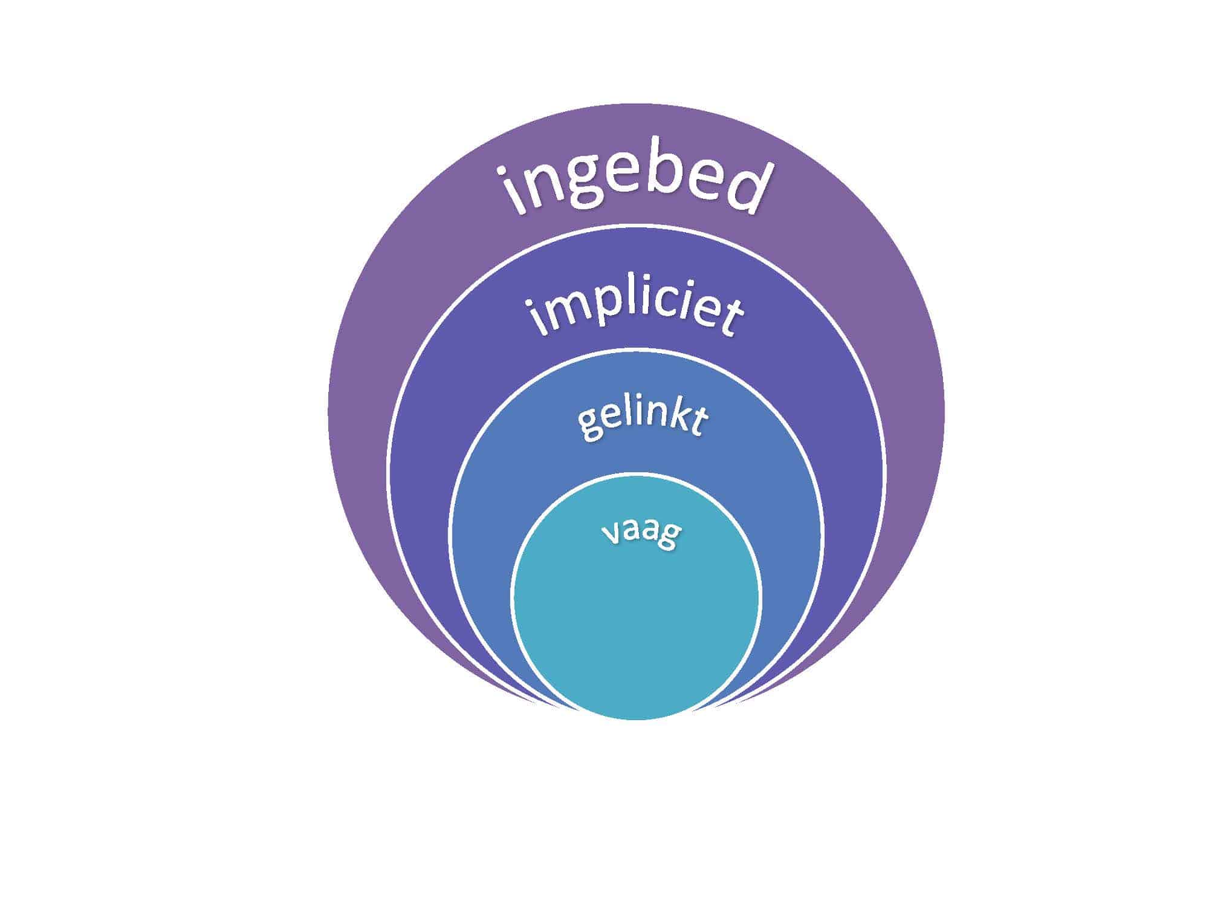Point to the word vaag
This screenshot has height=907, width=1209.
[x=641, y=532]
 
